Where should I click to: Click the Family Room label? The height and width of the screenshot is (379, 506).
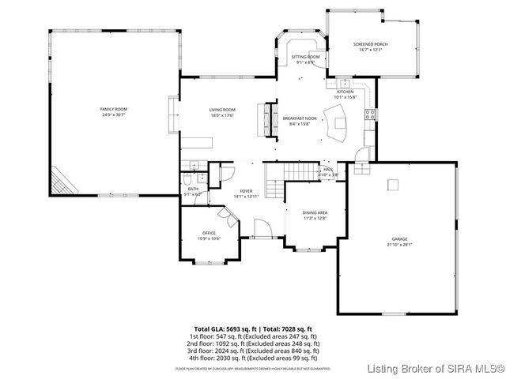click(113, 111)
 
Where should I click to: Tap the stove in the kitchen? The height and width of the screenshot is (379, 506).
click(368, 114)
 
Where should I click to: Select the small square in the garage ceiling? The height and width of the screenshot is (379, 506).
click(392, 184)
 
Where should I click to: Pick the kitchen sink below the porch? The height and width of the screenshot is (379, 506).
click(346, 83)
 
